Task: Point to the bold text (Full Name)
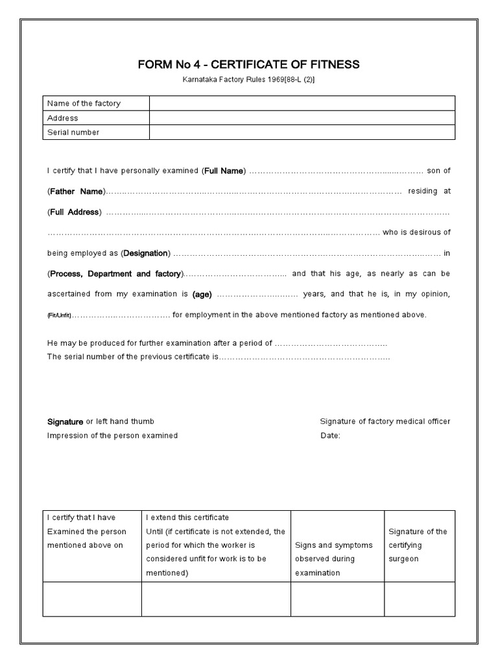[x=224, y=171]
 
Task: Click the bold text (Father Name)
[x=76, y=192]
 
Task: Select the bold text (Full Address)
[x=75, y=212]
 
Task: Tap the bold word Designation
[x=146, y=253]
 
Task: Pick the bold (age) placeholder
[x=202, y=294]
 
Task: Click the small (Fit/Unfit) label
[x=59, y=315]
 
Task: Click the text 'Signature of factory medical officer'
[x=385, y=421]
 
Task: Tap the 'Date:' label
[x=330, y=436]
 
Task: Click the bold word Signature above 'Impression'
[x=65, y=421]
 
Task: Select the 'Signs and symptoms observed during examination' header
[x=334, y=559]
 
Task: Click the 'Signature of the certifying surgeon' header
[x=418, y=545]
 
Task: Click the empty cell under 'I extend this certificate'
[x=216, y=599]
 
